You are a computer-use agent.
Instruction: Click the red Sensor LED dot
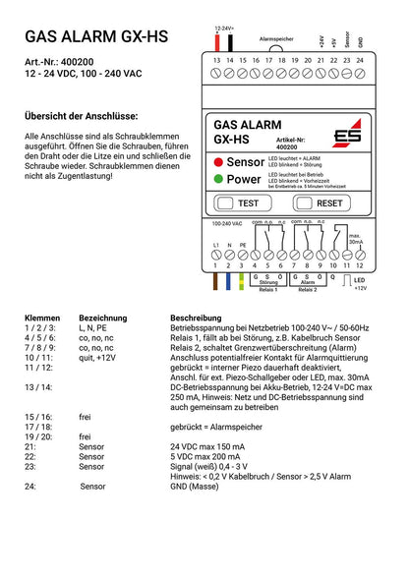coord(217,161)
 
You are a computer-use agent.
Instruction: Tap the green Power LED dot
coord(217,180)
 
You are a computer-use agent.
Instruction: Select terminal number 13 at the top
coord(216,61)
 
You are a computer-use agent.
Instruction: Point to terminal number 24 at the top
coord(360,61)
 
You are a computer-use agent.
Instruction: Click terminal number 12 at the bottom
coord(360,265)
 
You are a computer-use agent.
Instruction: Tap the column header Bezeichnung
coord(103,319)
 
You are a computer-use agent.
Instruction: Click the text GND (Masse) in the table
coord(198,486)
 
